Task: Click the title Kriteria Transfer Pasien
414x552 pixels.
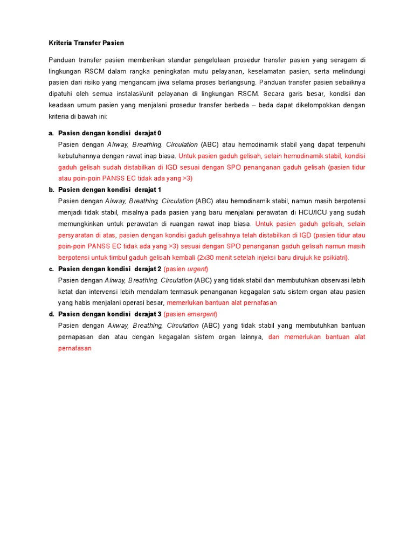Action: click(86, 43)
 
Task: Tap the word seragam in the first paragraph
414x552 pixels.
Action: click(339, 60)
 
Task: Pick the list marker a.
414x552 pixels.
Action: click(51, 133)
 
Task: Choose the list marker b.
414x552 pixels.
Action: click(51, 190)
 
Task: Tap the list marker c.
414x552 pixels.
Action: click(51, 269)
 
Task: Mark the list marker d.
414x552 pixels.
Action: click(51, 314)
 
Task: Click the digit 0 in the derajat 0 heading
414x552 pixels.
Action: click(159, 133)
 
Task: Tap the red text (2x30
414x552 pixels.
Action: click(209, 258)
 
